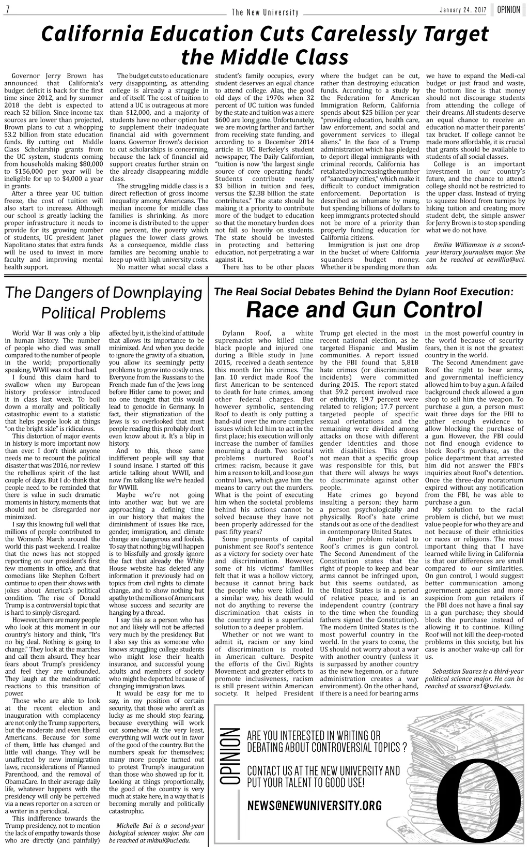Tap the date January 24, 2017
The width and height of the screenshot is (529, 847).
pyautogui.click(x=464, y=11)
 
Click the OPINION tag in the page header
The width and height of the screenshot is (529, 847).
pyautogui.click(x=509, y=10)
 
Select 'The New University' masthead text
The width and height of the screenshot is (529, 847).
pyautogui.click(x=265, y=12)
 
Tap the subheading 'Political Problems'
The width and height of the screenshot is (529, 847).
pyautogui.click(x=103, y=313)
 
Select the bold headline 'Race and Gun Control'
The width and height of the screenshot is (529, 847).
pyautogui.click(x=364, y=310)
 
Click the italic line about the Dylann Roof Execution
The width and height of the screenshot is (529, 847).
pyautogui.click(x=364, y=292)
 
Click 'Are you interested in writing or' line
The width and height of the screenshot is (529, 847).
pyautogui.click(x=314, y=736)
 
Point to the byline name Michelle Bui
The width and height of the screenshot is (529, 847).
pyautogui.click(x=138, y=825)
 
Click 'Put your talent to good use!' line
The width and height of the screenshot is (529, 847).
pyautogui.click(x=306, y=782)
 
